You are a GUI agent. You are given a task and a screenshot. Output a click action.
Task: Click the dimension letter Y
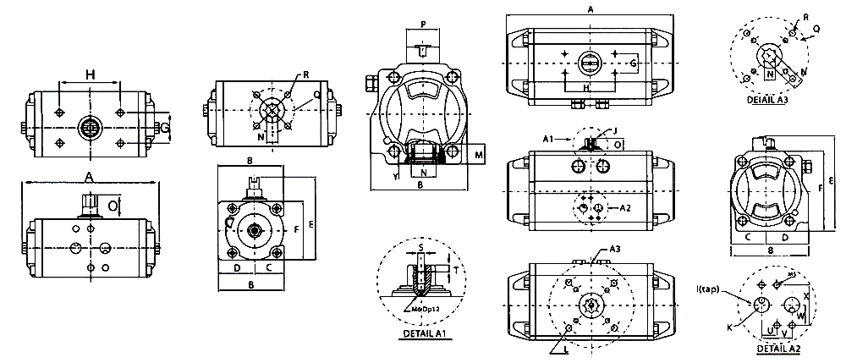[x=396, y=178]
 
